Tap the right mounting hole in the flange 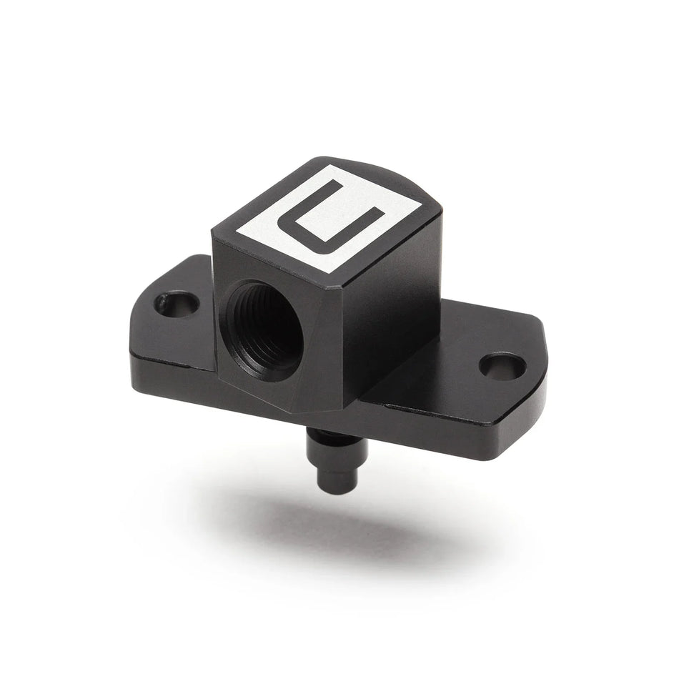(x=502, y=365)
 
